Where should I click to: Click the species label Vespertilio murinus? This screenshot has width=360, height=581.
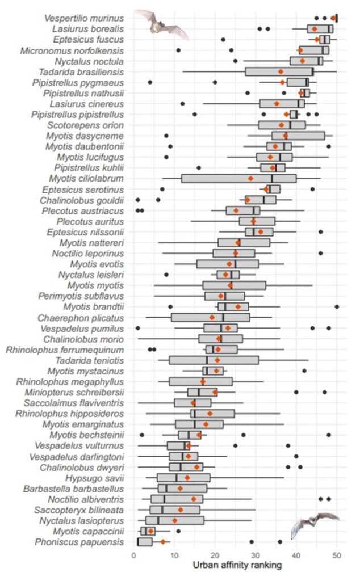83,18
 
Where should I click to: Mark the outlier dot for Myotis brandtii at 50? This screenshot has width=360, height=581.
337,306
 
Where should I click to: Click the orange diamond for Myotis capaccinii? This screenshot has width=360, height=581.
151,531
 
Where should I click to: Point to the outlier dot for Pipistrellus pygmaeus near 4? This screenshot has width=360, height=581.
150,82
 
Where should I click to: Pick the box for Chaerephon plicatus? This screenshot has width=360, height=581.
210,317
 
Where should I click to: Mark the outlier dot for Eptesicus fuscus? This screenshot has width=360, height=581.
223,40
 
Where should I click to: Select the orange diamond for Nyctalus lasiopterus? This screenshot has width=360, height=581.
175,520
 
